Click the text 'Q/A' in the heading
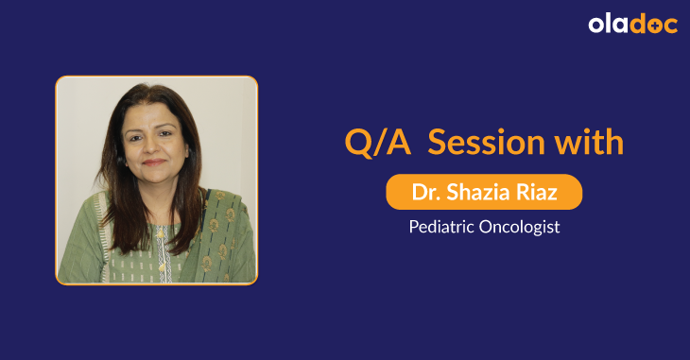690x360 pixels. tap(377, 144)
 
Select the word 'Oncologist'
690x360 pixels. tap(519, 227)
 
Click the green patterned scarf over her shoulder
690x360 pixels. tap(222, 236)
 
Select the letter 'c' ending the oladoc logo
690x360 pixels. tap(670, 26)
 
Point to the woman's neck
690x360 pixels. tap(156, 194)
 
